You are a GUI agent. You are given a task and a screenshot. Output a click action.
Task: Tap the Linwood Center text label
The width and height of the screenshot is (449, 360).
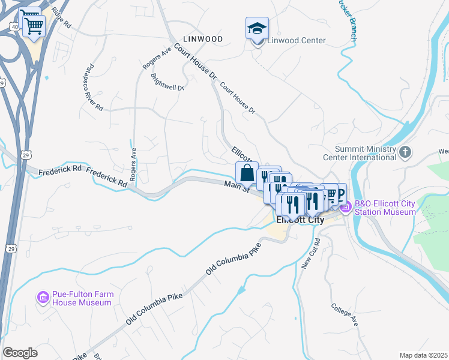click(296, 41)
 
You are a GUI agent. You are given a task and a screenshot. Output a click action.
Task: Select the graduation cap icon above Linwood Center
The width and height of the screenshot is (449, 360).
click(257, 28)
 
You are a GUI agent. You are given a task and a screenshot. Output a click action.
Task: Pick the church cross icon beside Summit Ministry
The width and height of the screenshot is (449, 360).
click(406, 152)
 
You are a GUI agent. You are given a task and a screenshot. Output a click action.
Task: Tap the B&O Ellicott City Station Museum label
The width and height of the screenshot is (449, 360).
click(385, 208)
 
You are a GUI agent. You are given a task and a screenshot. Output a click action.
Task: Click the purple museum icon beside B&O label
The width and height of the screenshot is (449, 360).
click(346, 208)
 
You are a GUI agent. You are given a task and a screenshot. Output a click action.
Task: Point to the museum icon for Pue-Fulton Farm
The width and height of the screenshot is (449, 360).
click(43, 298)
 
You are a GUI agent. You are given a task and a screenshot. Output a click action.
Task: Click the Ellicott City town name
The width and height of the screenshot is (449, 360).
click(300, 220)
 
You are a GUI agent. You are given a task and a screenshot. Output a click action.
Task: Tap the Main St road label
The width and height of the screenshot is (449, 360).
click(237, 187)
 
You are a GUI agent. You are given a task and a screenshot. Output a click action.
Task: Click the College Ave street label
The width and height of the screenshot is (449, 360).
click(345, 314)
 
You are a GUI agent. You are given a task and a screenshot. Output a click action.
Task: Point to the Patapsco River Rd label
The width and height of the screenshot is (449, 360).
click(94, 87)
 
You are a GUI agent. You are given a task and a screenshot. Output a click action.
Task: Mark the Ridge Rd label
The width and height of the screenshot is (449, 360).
click(61, 18)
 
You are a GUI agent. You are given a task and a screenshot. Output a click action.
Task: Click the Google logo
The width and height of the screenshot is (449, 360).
click(20, 352)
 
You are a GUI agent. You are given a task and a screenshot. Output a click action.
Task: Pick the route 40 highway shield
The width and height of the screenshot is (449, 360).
click(13, 26)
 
